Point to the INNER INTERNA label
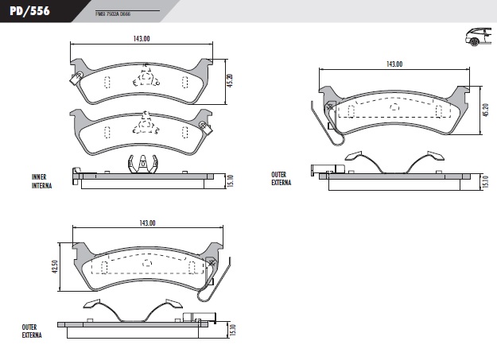[42, 181]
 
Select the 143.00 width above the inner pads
[142, 38]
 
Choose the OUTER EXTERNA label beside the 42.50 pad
[31, 331]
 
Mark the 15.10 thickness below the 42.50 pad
[232, 329]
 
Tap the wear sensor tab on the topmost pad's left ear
[75, 79]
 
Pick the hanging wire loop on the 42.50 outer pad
[208, 286]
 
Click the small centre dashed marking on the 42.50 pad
[146, 263]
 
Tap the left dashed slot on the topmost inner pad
[107, 82]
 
